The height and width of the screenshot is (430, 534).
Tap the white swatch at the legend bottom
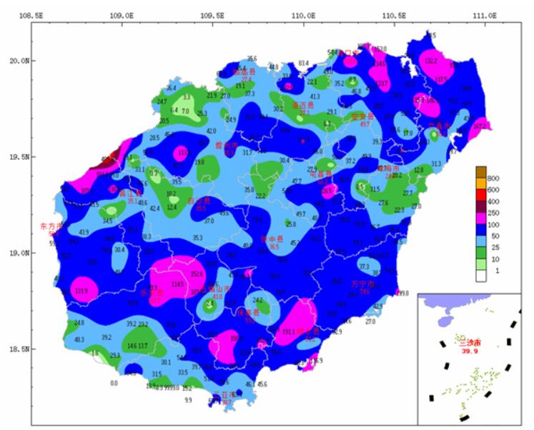pyautogui.click(x=481, y=272)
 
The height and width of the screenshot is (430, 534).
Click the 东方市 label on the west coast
pyautogui.click(x=51, y=226)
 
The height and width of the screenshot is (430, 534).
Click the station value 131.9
pyautogui.click(x=81, y=291)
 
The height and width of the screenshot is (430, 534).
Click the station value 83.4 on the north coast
pyautogui.click(x=303, y=63)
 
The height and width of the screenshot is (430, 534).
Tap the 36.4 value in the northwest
pyautogui.click(x=172, y=88)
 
